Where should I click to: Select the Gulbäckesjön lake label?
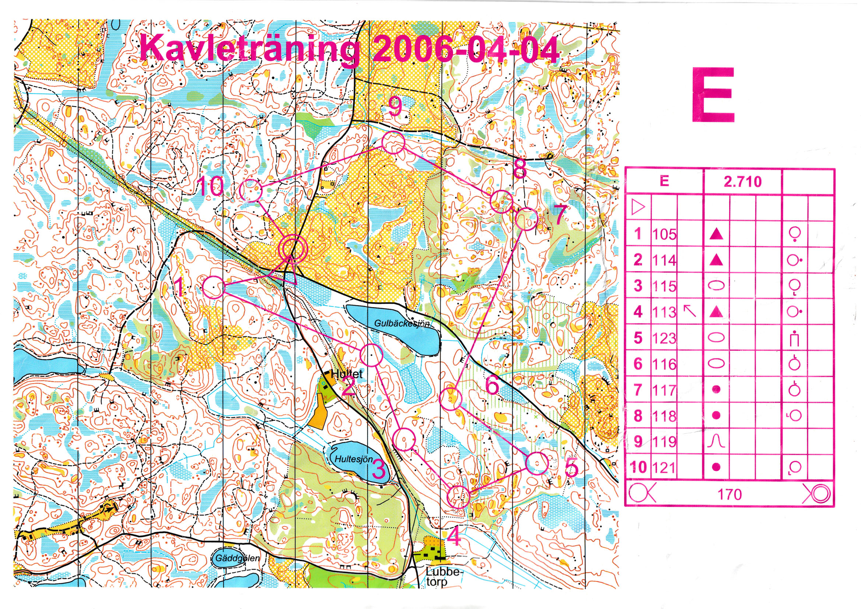[x=402, y=323]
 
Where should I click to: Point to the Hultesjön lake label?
[x=354, y=459]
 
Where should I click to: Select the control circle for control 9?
[x=393, y=143]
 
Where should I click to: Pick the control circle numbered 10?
[x=250, y=190]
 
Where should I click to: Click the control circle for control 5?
[x=537, y=464]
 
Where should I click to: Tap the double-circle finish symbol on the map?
[x=293, y=248]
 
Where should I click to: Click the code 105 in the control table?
[x=664, y=235]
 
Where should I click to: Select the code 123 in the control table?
[x=664, y=338]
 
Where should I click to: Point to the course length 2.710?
[x=742, y=182]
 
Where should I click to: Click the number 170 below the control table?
[x=730, y=494]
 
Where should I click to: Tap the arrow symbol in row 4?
[x=690, y=311]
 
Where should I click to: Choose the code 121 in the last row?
[x=664, y=468]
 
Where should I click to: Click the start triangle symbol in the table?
[x=637, y=207]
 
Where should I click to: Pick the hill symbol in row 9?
[x=716, y=442]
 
